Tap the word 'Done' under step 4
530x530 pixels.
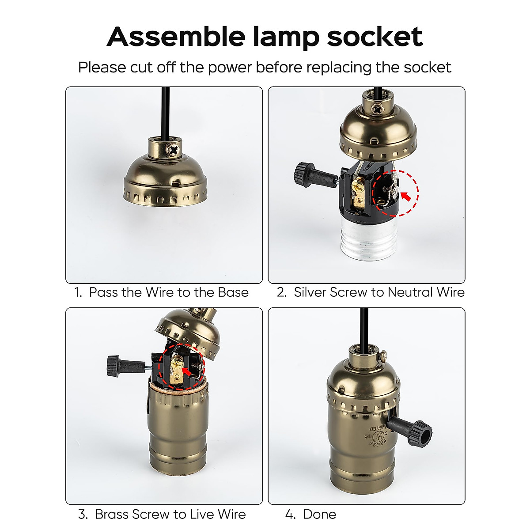coord(319,515)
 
